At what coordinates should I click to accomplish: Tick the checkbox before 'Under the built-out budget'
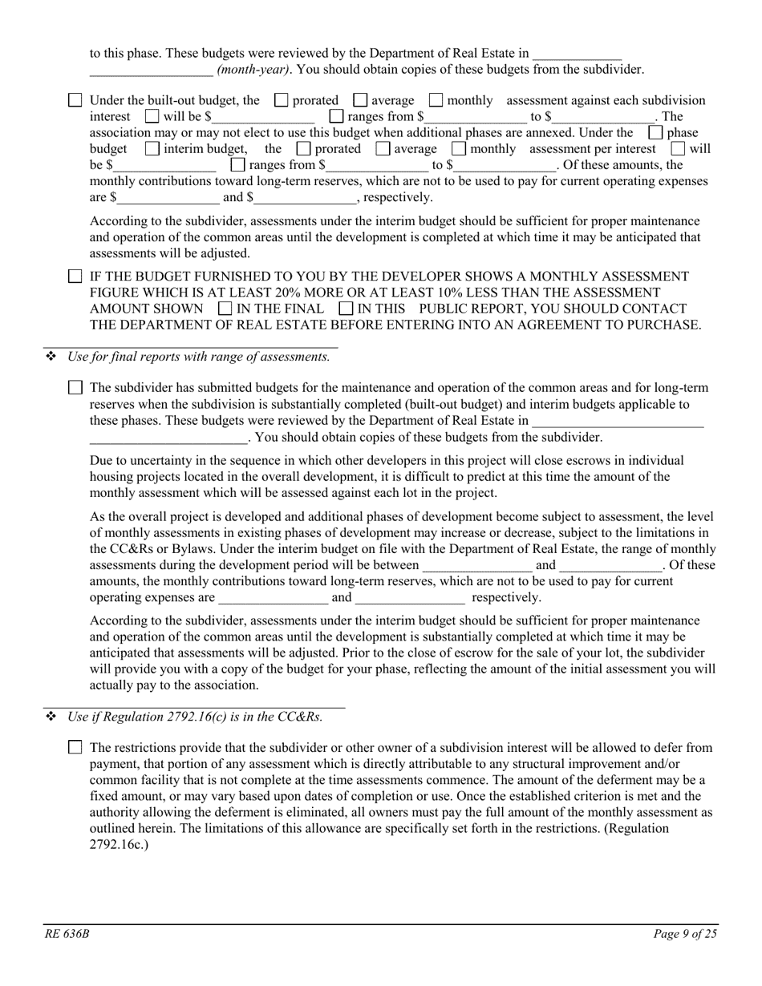tap(75, 101)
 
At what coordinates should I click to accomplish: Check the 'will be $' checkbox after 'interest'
tap(152, 117)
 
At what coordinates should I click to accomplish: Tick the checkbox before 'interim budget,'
tap(152, 149)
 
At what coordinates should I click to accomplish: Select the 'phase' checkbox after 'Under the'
tap(655, 133)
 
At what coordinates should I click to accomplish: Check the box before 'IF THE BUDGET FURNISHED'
tap(75, 277)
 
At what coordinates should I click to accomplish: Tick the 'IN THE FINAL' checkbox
tap(225, 309)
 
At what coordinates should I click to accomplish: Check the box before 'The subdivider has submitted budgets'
tap(75, 388)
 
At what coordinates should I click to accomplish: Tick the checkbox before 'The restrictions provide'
tap(75, 748)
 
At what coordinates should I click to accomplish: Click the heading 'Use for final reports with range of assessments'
tap(199, 357)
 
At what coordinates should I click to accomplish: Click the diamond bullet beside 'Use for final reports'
tap(51, 357)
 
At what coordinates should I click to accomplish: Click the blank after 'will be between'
tap(476, 566)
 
